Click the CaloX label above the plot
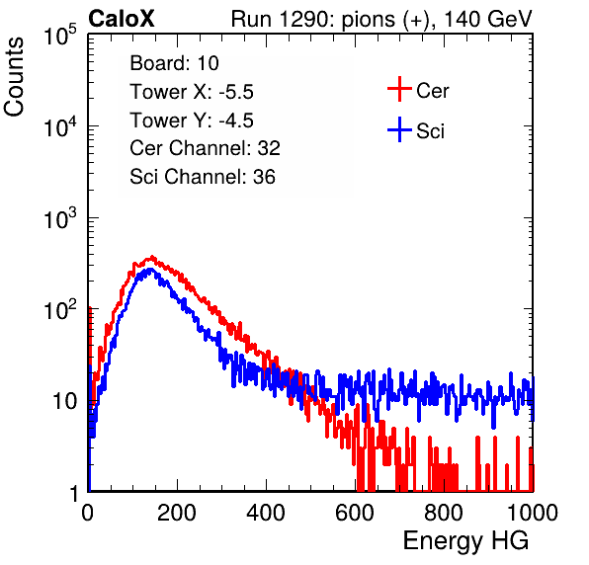[x=122, y=19]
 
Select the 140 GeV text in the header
[x=488, y=19]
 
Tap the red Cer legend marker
[x=399, y=89]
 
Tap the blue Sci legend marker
[x=399, y=129]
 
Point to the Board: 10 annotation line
[x=174, y=63]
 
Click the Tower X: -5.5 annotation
[x=192, y=92]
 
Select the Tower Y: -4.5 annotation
[x=192, y=121]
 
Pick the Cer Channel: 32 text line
[x=206, y=148]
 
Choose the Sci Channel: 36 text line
[x=203, y=177]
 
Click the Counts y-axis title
[x=14, y=77]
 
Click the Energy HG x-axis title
[x=465, y=541]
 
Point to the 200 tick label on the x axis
[x=177, y=513]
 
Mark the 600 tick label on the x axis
[x=355, y=513]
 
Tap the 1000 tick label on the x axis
[x=533, y=513]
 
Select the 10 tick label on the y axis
[x=64, y=401]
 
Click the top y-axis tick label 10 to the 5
[x=60, y=35]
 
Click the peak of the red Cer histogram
[x=152, y=257]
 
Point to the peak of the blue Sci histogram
[x=150, y=270]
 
